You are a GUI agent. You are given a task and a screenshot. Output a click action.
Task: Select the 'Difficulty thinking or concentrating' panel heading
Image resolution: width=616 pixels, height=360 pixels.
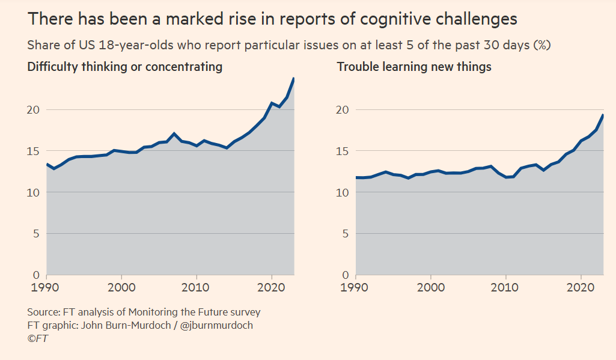(x=125, y=67)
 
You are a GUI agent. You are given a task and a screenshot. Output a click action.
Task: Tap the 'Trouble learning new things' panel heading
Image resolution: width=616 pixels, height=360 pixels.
(x=414, y=67)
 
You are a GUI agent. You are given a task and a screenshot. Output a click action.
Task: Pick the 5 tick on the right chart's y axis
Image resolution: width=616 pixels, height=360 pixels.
(x=345, y=234)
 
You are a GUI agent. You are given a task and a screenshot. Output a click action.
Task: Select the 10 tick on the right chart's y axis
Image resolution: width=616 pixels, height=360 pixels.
(x=341, y=192)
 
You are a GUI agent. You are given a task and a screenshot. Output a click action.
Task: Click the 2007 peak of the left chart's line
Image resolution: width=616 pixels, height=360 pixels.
(x=174, y=133)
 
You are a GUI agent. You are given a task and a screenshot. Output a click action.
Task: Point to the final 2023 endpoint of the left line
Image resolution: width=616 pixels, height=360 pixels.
(x=294, y=78)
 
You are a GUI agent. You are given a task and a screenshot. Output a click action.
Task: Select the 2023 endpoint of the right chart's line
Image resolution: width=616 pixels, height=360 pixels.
(x=603, y=115)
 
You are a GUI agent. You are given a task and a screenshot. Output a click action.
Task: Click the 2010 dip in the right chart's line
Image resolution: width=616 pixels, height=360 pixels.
(x=506, y=177)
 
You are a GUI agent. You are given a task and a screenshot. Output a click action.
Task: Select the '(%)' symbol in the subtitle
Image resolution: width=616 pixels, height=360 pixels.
(x=542, y=45)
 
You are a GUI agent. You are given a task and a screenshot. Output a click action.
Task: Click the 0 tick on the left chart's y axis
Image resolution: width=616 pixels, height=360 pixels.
(x=36, y=275)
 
